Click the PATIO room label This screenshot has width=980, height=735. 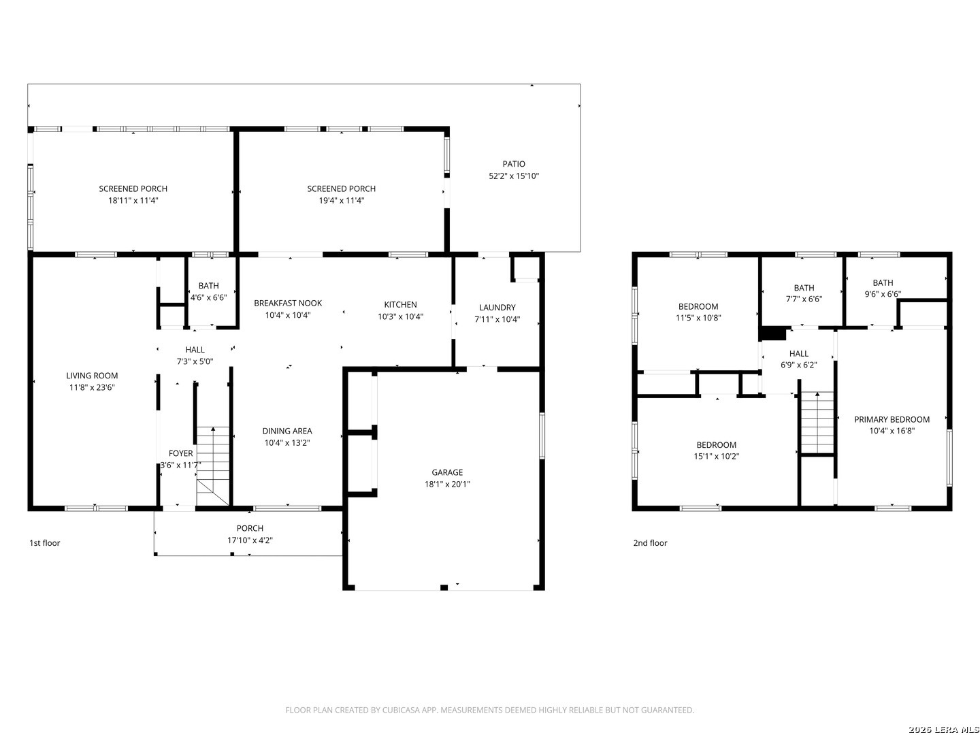(513, 164)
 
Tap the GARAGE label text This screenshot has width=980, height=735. (447, 472)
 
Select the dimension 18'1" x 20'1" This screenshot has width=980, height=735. (447, 484)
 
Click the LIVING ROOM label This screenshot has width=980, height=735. (92, 376)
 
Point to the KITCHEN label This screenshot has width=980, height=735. (400, 304)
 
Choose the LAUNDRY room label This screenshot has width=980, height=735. (497, 308)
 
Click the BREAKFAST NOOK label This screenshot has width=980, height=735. (288, 303)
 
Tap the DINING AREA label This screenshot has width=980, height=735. (287, 431)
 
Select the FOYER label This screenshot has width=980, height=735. (181, 453)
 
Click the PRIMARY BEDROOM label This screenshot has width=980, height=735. (892, 419)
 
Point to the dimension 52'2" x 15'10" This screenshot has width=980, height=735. (513, 176)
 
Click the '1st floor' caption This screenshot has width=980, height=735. (45, 543)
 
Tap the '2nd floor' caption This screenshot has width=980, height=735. (650, 543)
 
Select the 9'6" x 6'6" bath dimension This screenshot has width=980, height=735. (883, 294)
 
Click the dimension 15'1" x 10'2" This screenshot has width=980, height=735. (716, 457)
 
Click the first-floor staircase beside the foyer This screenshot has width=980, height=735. (213, 466)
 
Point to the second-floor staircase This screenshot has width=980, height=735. (817, 423)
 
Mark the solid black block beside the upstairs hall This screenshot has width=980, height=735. (773, 333)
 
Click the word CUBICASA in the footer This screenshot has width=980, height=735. (400, 710)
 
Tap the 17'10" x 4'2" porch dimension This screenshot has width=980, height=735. (250, 540)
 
